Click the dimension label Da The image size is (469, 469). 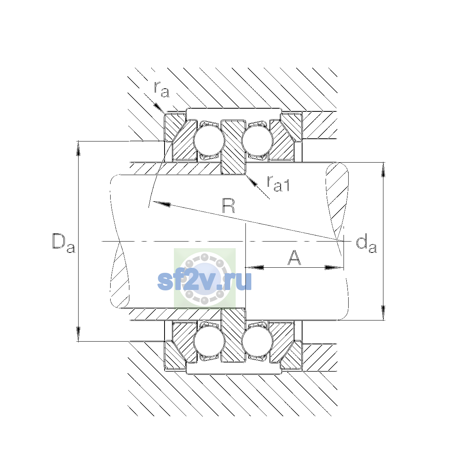tap(64, 243)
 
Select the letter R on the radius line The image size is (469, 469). tap(229, 206)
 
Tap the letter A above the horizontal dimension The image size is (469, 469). tap(294, 258)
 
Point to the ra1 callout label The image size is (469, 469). tap(278, 184)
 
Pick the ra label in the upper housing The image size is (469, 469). tap(161, 90)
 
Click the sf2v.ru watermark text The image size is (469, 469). tap(204, 281)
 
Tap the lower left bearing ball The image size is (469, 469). tap(209, 342)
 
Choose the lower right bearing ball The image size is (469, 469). tap(257, 342)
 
